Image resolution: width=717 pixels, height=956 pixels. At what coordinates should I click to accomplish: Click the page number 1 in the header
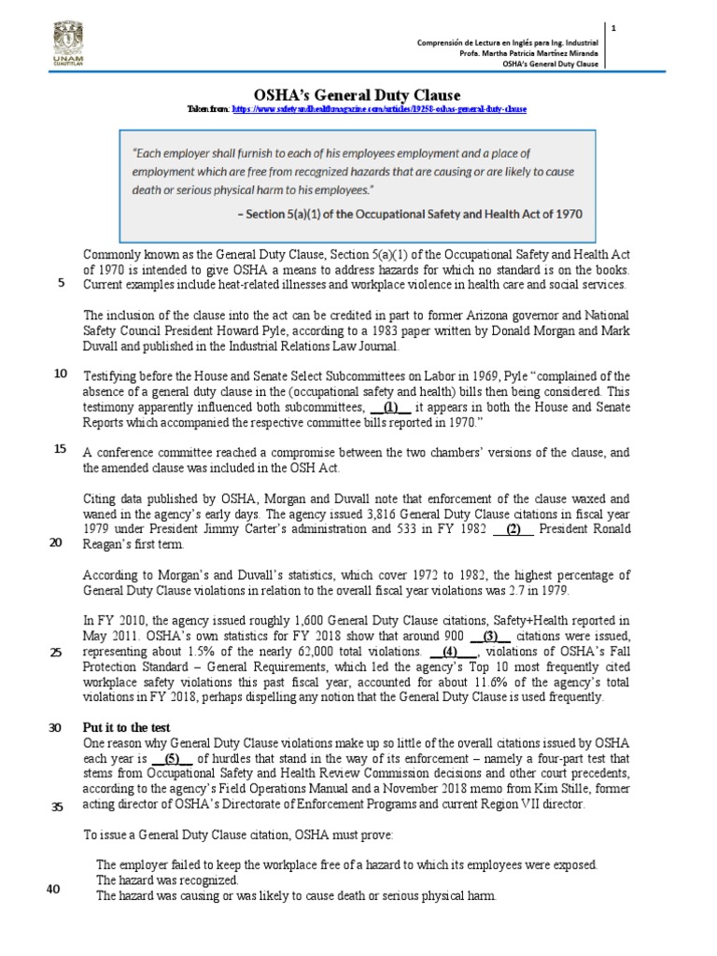coord(613,29)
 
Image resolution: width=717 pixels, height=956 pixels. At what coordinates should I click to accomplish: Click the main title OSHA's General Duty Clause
coord(358,94)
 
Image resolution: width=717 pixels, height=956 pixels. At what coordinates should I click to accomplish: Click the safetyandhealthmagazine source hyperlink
coord(379,109)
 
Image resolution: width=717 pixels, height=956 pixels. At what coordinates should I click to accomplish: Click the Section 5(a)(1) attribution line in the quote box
coord(411,213)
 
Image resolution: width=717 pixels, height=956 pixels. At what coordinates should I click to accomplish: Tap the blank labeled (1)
coord(390,407)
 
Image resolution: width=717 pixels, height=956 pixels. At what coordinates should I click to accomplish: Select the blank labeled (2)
coord(513,529)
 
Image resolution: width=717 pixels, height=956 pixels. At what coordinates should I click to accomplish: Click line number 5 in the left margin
coord(61,284)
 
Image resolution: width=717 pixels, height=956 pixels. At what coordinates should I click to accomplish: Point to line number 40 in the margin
coord(53,889)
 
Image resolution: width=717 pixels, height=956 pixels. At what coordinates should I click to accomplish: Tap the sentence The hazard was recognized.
coord(167,880)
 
